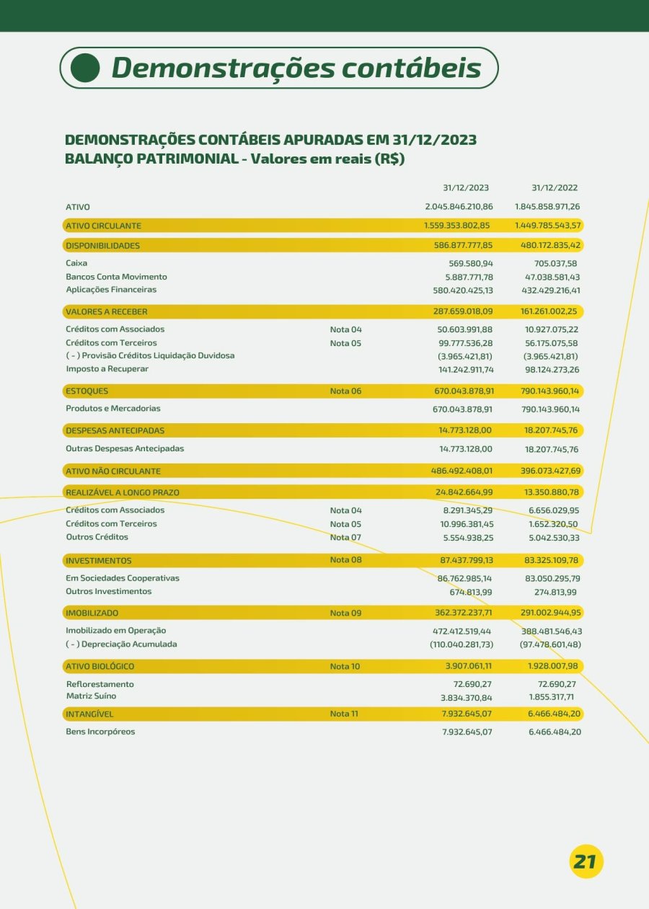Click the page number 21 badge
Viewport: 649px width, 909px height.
tap(586, 861)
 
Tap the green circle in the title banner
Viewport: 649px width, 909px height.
tap(86, 68)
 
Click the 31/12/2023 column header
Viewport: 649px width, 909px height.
tap(466, 188)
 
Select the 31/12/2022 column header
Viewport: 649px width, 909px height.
tap(555, 188)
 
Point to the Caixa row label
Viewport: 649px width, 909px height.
tap(76, 263)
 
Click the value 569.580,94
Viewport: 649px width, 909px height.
tap(469, 264)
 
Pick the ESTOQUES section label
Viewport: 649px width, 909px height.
tap(87, 391)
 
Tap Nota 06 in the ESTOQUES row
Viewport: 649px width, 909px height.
tap(345, 391)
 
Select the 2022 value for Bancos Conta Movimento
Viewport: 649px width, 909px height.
tap(552, 277)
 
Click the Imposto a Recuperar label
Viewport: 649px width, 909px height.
tap(107, 369)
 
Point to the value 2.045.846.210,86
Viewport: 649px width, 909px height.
tap(459, 207)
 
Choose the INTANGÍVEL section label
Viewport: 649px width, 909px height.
tap(89, 714)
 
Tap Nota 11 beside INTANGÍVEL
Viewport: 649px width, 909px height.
tap(345, 714)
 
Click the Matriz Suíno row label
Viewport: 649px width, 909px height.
tap(91, 696)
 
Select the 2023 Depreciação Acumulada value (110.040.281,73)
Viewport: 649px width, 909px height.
tap(462, 644)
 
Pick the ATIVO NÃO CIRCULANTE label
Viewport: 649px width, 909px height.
tap(113, 471)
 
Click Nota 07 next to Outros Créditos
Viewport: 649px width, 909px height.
tap(345, 538)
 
